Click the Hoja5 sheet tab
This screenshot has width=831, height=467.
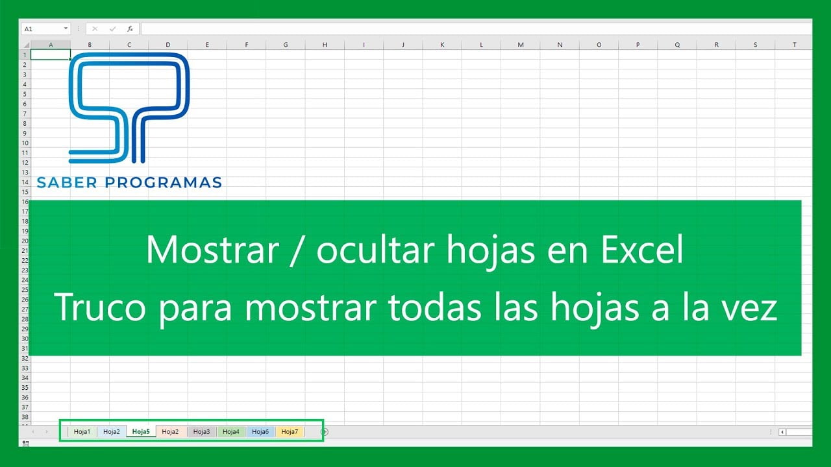(141, 431)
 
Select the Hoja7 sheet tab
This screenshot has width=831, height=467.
(290, 431)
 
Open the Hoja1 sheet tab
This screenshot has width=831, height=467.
(82, 431)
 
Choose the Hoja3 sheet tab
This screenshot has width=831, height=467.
(201, 431)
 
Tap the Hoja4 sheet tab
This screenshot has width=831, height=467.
(230, 431)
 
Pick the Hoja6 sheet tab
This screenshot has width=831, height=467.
(260, 431)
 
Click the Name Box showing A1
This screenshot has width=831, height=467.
(45, 29)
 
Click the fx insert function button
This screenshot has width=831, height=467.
(130, 29)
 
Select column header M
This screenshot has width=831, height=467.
(521, 45)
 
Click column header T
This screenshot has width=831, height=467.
(794, 45)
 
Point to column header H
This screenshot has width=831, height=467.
(325, 45)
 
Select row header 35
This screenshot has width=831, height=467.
(25, 388)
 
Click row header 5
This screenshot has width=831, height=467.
(25, 94)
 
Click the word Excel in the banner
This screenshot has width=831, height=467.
(642, 250)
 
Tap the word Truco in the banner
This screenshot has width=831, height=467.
(100, 307)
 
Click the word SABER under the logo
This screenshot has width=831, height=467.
(67, 182)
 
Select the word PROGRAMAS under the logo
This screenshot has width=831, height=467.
(163, 182)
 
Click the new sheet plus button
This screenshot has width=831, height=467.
(324, 431)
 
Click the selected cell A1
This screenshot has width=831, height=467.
(51, 55)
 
